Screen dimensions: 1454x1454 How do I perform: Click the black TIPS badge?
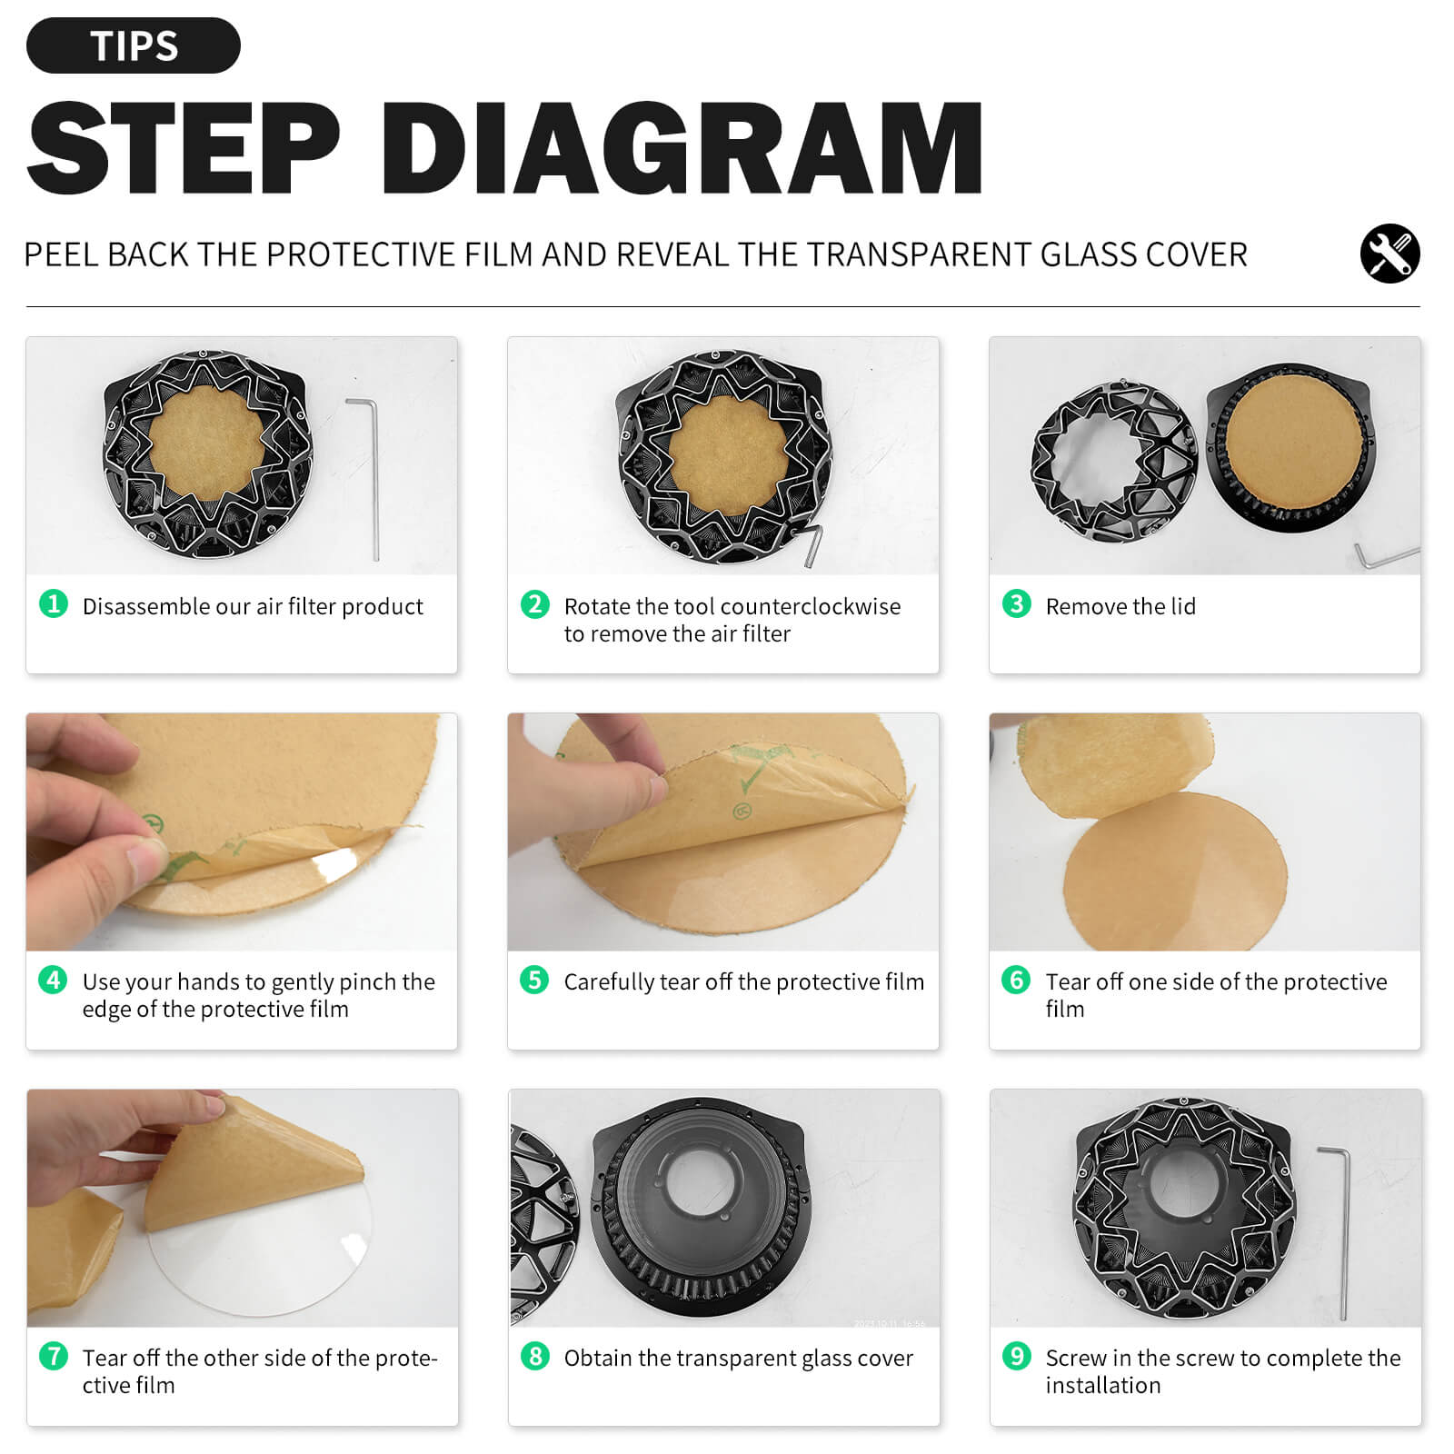point(134,45)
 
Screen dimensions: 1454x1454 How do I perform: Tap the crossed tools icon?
point(1389,254)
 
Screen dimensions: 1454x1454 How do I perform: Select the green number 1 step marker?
point(54,603)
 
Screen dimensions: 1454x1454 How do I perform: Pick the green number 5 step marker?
point(534,980)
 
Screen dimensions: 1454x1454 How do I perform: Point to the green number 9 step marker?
point(1016,1356)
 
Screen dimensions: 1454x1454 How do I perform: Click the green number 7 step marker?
point(54,1356)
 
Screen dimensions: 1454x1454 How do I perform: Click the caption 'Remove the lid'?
point(1120,606)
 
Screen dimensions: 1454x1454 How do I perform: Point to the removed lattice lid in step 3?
point(1115,463)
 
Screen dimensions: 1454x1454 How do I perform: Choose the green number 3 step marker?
point(1016,603)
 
